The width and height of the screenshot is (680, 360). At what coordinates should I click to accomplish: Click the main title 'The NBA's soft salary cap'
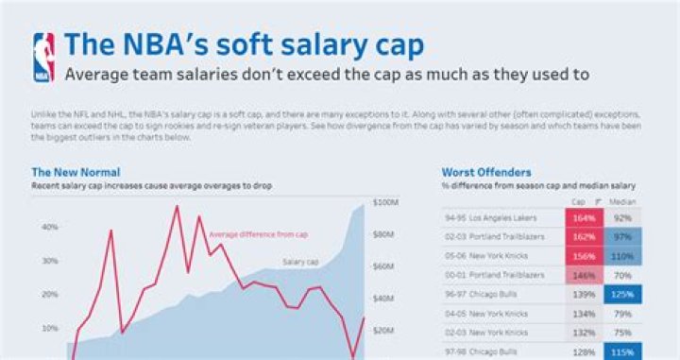pyautogui.click(x=244, y=44)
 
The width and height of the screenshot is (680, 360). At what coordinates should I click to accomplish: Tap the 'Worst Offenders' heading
pyautogui.click(x=486, y=173)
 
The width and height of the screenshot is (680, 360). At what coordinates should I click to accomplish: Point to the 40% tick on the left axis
pyautogui.click(x=49, y=227)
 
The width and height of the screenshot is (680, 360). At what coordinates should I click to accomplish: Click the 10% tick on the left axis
pyautogui.click(x=49, y=328)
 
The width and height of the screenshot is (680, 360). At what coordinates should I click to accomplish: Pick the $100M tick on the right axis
pyautogui.click(x=386, y=202)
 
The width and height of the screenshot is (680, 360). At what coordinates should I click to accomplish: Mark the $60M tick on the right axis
pyautogui.click(x=385, y=266)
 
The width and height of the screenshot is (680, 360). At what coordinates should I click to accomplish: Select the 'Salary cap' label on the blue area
pyautogui.click(x=300, y=262)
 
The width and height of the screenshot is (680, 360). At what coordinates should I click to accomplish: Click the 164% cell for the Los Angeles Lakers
pyautogui.click(x=582, y=216)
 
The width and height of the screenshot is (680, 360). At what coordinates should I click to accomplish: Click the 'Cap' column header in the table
pyautogui.click(x=578, y=201)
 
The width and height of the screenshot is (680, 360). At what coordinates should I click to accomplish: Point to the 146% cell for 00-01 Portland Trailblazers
pyautogui.click(x=582, y=274)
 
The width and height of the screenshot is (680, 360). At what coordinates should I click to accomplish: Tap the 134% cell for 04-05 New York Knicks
pyautogui.click(x=582, y=313)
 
